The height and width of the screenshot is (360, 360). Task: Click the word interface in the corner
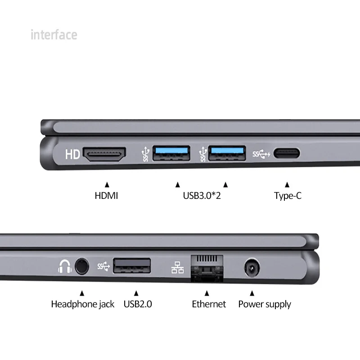pyautogui.click(x=54, y=35)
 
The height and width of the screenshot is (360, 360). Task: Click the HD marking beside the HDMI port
pyautogui.click(x=72, y=155)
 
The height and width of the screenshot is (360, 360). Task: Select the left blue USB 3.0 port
pyautogui.click(x=171, y=153)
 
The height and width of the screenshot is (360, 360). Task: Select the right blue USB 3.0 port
pyautogui.click(x=227, y=153)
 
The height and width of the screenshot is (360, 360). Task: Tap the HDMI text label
pyautogui.click(x=106, y=196)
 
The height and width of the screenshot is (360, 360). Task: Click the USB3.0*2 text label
pyautogui.click(x=202, y=196)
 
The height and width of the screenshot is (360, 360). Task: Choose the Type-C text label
pyautogui.click(x=288, y=196)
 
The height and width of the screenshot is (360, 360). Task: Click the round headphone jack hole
pyautogui.click(x=81, y=266)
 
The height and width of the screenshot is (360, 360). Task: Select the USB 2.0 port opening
pyautogui.click(x=132, y=265)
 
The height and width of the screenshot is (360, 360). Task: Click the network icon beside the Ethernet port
pyautogui.click(x=177, y=267)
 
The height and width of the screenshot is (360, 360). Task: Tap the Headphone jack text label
pyautogui.click(x=82, y=304)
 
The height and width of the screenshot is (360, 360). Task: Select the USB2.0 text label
pyautogui.click(x=138, y=304)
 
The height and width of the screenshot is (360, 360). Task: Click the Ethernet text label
pyautogui.click(x=209, y=304)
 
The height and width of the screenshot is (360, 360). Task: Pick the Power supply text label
pyautogui.click(x=265, y=304)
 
